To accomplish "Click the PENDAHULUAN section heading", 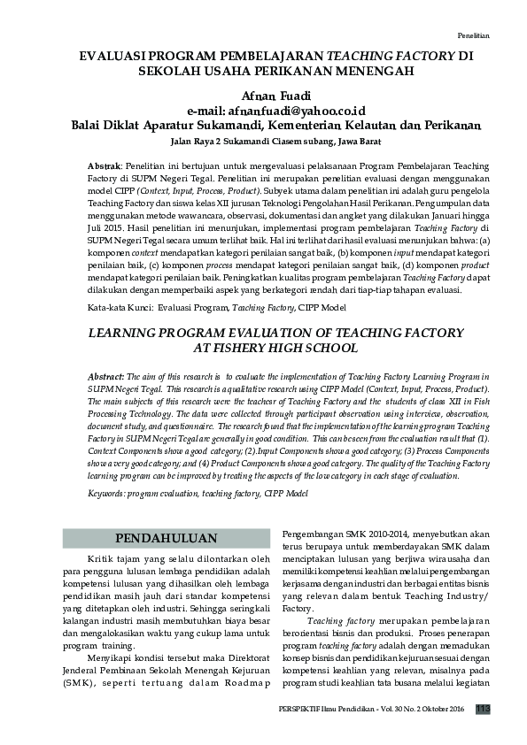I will click(x=167, y=538).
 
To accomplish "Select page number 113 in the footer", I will click(x=483, y=709).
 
